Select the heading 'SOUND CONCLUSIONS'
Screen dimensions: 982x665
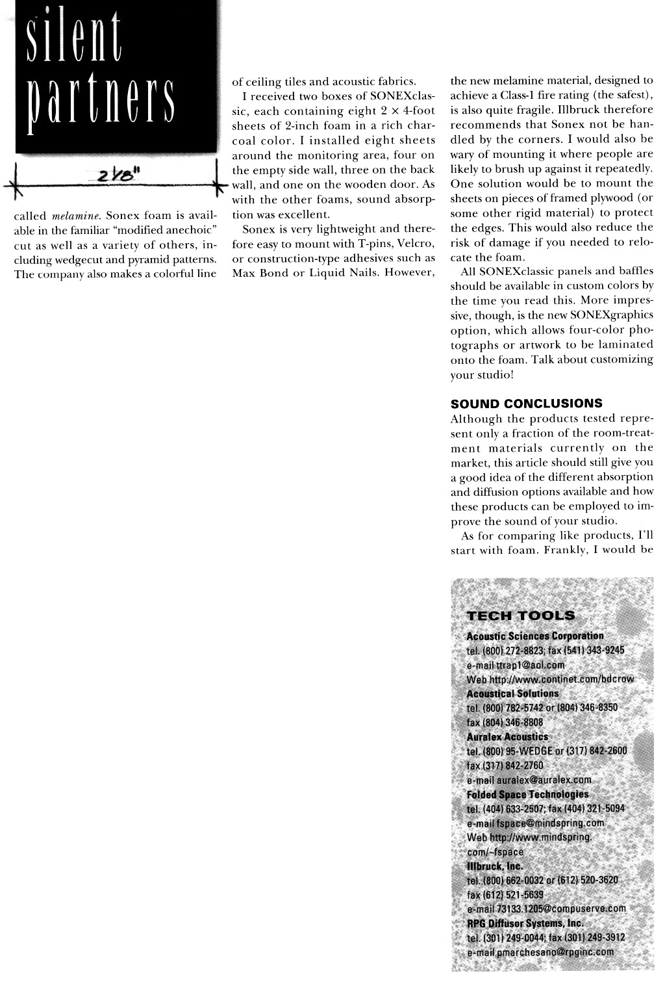(x=526, y=404)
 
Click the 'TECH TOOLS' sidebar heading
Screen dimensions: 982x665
(x=521, y=615)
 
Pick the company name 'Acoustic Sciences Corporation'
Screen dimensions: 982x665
(x=535, y=636)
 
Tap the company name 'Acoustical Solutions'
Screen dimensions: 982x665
(x=512, y=693)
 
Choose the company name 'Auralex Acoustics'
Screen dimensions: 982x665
(x=507, y=737)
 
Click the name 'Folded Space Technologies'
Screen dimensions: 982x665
(x=527, y=794)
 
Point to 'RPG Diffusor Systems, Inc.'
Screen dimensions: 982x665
(x=525, y=923)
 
